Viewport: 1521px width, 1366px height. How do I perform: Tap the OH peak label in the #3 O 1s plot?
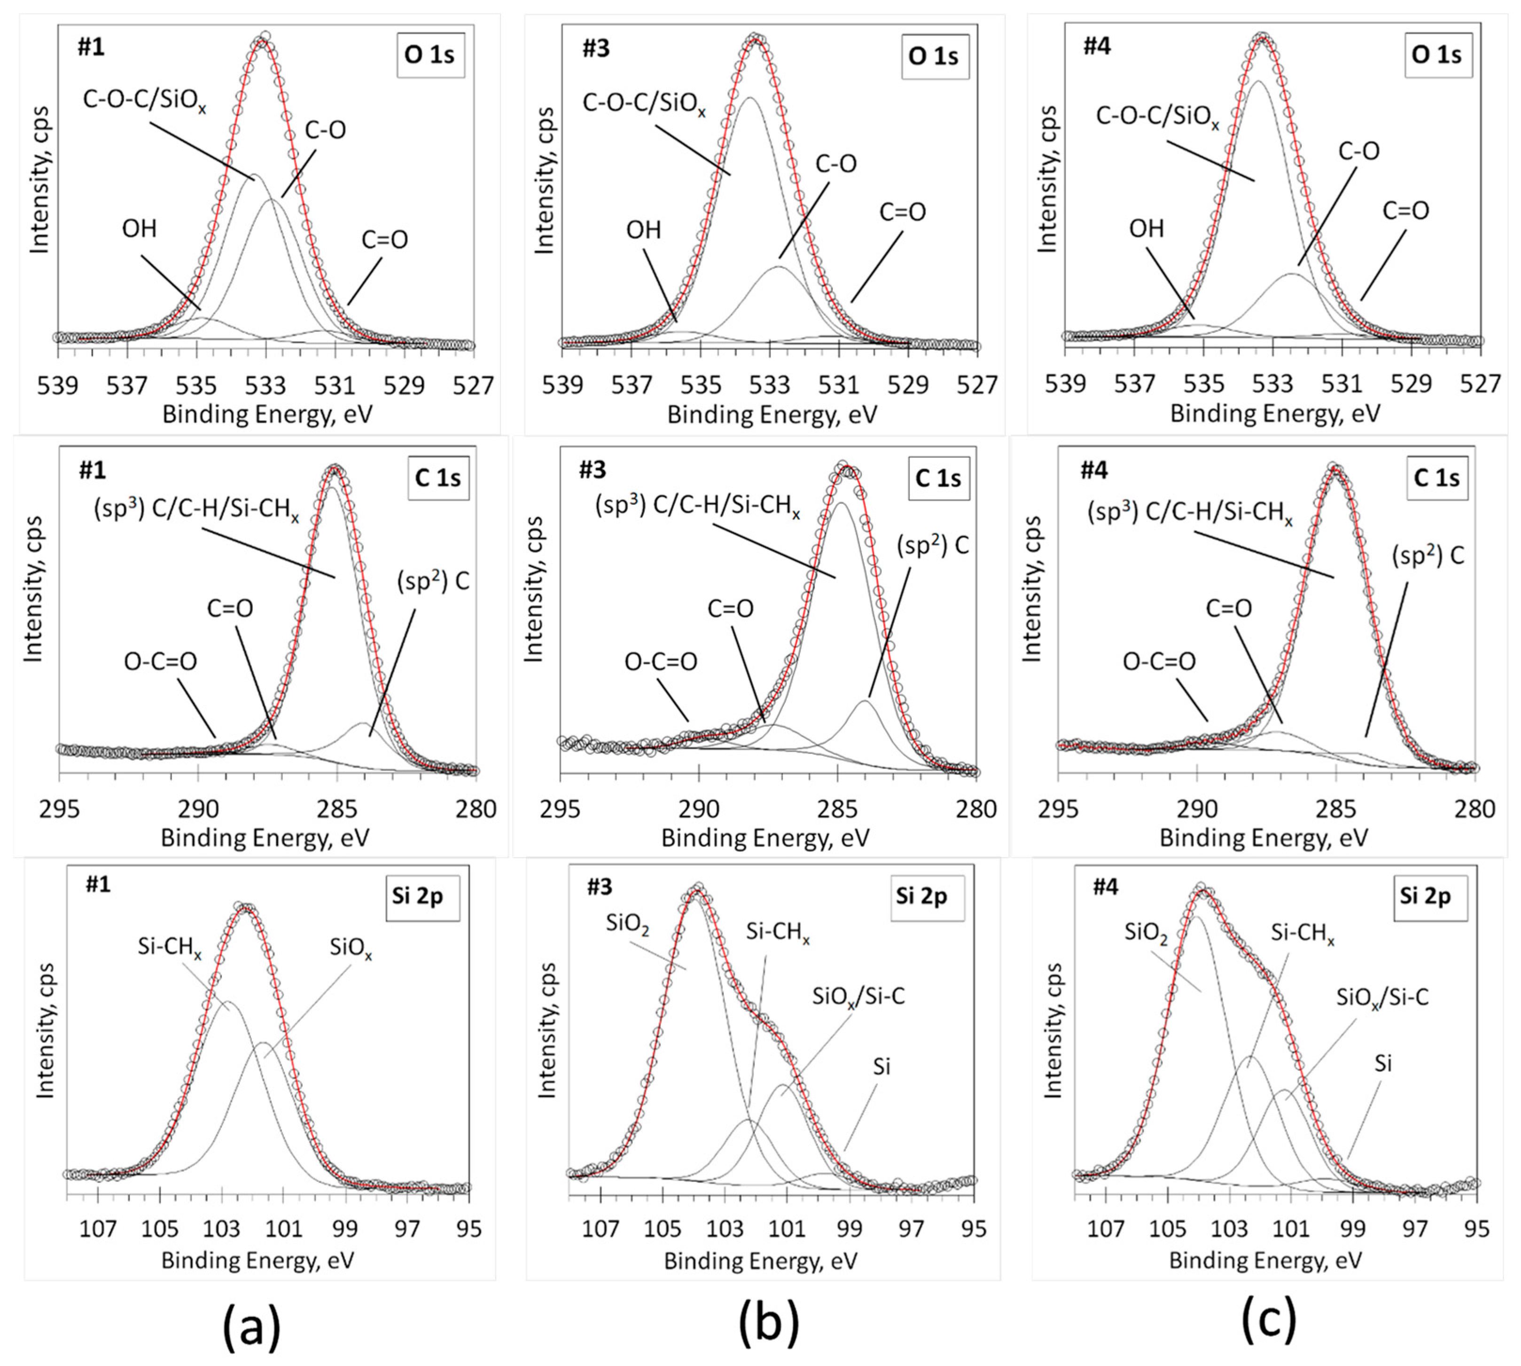[x=644, y=230]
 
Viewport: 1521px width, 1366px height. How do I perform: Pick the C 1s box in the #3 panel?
[x=937, y=478]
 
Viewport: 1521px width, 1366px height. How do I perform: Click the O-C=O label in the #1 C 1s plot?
[x=161, y=661]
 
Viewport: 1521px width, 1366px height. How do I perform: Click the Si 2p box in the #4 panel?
[x=1425, y=896]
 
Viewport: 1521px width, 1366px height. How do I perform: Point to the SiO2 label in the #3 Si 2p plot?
[x=627, y=924]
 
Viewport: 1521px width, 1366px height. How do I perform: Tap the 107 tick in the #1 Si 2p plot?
[x=98, y=1229]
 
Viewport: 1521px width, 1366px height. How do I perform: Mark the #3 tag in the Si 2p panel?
[x=600, y=887]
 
